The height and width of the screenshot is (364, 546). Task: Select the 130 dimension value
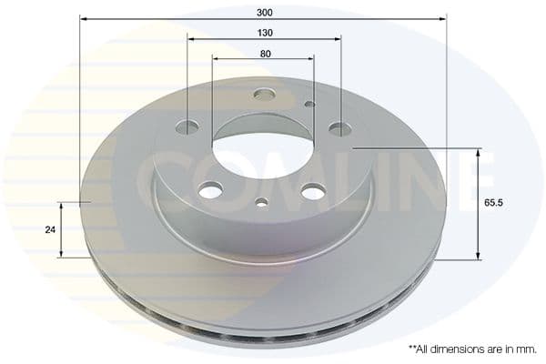point(264,32)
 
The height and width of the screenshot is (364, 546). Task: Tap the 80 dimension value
point(264,54)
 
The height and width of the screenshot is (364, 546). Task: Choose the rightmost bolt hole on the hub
point(339,129)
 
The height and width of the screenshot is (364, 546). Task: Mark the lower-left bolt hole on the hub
point(210,189)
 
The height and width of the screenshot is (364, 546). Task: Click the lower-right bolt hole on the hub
point(312,191)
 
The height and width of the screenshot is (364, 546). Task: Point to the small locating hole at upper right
point(309,104)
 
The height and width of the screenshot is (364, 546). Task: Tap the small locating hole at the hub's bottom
point(261,202)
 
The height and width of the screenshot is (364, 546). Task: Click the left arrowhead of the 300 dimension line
point(84,18)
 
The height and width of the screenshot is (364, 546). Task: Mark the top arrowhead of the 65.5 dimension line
point(479,151)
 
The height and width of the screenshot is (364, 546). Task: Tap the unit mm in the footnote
point(525,349)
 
